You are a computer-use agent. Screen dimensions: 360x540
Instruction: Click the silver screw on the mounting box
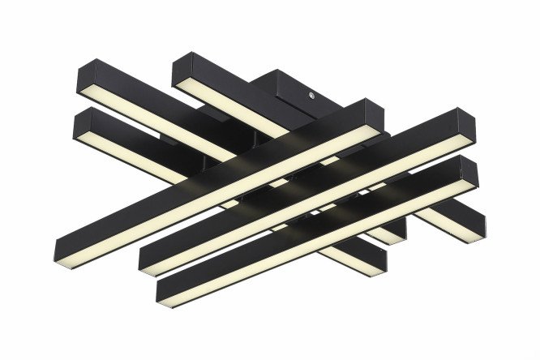[x=312, y=95]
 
